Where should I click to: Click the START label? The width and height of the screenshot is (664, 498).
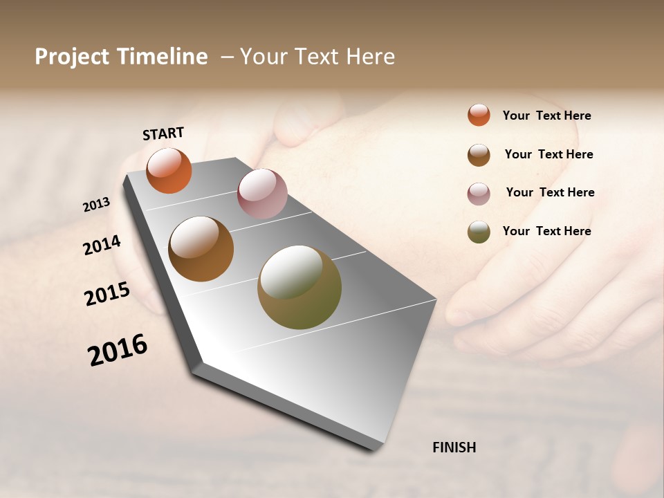[x=163, y=133]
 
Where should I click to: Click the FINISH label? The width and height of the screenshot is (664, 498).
[x=454, y=448]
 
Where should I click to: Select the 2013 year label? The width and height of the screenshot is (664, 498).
[x=96, y=205]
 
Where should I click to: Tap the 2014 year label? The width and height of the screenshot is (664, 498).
[x=102, y=245]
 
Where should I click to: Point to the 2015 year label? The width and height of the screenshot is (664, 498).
[x=107, y=294]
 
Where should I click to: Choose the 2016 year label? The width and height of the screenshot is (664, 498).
[x=118, y=350]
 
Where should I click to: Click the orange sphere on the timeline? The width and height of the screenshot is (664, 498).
[x=169, y=171]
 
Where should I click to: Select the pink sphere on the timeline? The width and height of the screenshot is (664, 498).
[x=262, y=194]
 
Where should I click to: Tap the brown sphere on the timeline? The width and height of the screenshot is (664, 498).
[x=201, y=249]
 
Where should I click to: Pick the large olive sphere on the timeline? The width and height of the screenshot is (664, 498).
[x=299, y=287]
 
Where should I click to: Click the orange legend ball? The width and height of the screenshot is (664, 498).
[x=479, y=116]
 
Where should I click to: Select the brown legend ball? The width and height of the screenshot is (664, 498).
[x=479, y=155]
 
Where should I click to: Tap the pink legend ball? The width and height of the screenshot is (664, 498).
[x=479, y=194]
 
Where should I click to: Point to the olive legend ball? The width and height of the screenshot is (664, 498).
[x=479, y=232]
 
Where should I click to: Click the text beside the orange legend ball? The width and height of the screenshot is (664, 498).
[x=546, y=116]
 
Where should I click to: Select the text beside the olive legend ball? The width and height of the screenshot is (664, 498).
[x=546, y=231]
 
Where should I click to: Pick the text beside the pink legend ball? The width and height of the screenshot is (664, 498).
[x=550, y=192]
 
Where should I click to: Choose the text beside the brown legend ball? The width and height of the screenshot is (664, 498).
[x=548, y=154]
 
